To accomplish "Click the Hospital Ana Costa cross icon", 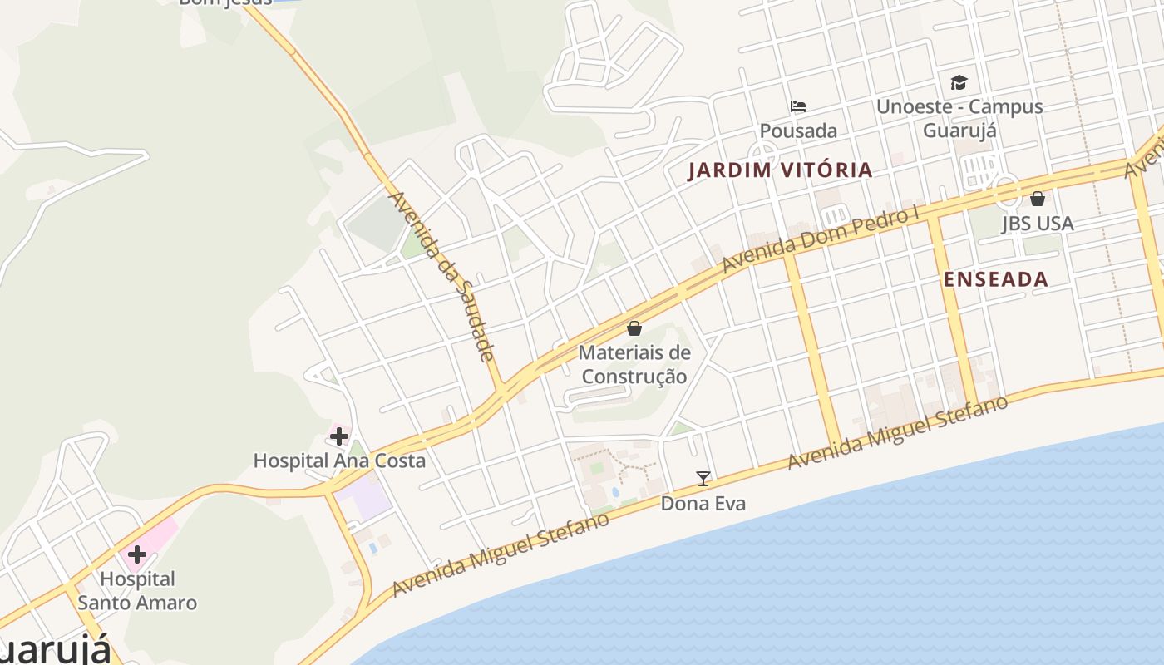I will point(339,436).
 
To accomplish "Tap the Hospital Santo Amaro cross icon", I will point(137,554).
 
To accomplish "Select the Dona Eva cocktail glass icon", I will point(703,478).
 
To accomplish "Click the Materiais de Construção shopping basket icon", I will point(634,328).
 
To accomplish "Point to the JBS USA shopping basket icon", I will point(1038,199).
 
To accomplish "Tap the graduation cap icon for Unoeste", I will point(959,82).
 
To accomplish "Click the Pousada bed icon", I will point(798,106).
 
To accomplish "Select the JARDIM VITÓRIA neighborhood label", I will point(781,170).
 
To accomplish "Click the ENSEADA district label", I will point(996,279).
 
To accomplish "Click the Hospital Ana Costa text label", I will point(339,461).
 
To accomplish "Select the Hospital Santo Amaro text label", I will point(137,590).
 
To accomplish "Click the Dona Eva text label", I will point(703,503).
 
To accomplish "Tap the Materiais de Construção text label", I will point(634,364).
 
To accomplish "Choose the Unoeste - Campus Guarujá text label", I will point(959,118).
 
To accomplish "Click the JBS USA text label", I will point(1038,223).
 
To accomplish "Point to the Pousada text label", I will point(798,131).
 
